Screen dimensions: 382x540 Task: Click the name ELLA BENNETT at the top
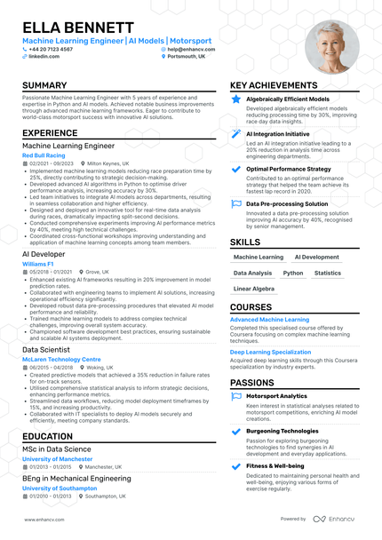pos(78,28)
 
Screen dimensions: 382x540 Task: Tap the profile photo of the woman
pos(331,47)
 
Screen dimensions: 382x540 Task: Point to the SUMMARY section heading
pos(45,86)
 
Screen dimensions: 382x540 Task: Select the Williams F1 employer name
pos(38,264)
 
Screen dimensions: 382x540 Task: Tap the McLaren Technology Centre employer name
pos(61,360)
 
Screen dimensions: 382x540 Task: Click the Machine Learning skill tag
pos(259,257)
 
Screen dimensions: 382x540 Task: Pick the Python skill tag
pos(293,274)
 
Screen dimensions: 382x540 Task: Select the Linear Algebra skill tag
pos(254,290)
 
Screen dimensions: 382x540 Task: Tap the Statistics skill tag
pos(328,274)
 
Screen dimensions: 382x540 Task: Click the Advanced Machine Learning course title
pos(269,319)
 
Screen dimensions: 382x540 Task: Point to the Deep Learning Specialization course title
pos(271,352)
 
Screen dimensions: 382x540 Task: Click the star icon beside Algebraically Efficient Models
pos(235,99)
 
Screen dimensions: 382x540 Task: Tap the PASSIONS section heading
pos(251,382)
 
